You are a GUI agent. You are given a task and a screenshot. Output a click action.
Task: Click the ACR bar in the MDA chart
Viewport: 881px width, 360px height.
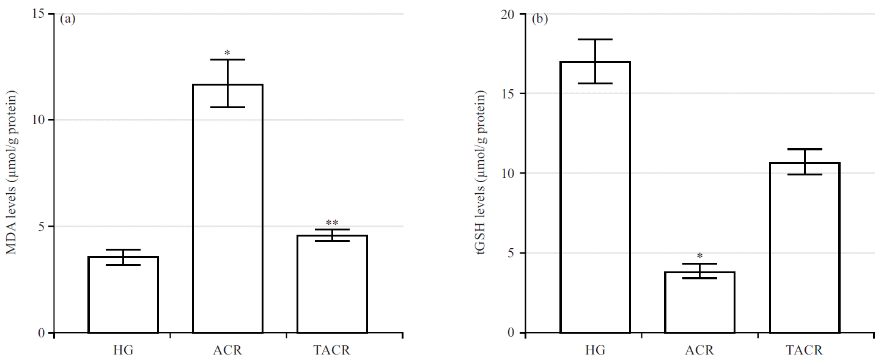coord(227,208)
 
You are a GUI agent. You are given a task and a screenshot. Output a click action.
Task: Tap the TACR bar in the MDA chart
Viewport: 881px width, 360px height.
coord(332,284)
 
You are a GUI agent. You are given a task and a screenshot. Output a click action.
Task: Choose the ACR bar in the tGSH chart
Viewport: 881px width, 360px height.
coord(699,303)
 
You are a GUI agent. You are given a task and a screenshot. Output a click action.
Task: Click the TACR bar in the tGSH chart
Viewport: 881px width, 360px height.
coord(804,248)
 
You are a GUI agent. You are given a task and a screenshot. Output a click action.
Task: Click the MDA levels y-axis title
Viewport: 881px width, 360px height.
coord(12,172)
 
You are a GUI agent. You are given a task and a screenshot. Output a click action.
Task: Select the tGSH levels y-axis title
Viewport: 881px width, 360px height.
coord(484,172)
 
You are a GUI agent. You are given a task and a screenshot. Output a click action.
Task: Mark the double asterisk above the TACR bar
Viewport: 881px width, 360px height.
coord(332,223)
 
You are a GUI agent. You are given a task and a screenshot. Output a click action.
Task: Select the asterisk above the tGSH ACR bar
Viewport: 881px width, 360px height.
coord(699,257)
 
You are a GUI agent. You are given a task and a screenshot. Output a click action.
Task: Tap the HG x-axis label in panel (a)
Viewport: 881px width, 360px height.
coord(123,351)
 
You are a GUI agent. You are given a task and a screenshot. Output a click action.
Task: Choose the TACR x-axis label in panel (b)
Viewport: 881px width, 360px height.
coord(804,351)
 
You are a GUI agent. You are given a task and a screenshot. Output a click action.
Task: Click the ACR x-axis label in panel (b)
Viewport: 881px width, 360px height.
coord(699,351)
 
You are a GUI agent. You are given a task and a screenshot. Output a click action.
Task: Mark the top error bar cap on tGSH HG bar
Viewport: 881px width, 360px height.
coord(595,39)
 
